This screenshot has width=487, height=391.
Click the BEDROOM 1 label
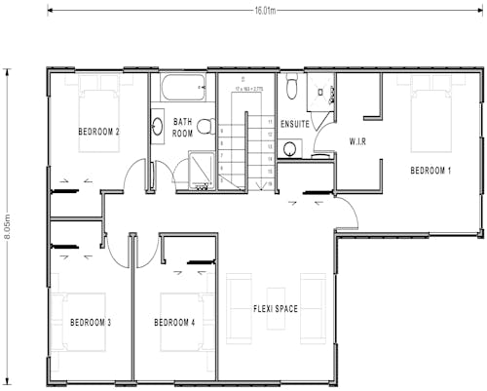tap(431, 171)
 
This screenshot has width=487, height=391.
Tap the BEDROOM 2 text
tap(98, 132)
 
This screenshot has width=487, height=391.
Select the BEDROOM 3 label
tap(90, 322)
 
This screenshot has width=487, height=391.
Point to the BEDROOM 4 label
tap(174, 322)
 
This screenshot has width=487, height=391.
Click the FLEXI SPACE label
tap(276, 309)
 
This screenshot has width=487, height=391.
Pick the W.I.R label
tap(358, 141)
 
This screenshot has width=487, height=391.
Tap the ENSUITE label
tap(294, 125)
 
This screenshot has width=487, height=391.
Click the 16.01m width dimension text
tap(265, 12)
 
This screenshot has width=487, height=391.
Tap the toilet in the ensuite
tap(292, 89)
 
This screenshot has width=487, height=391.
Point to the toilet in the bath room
tap(205, 126)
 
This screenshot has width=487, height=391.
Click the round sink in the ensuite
tap(290, 149)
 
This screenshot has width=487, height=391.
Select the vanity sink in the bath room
tap(157, 126)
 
